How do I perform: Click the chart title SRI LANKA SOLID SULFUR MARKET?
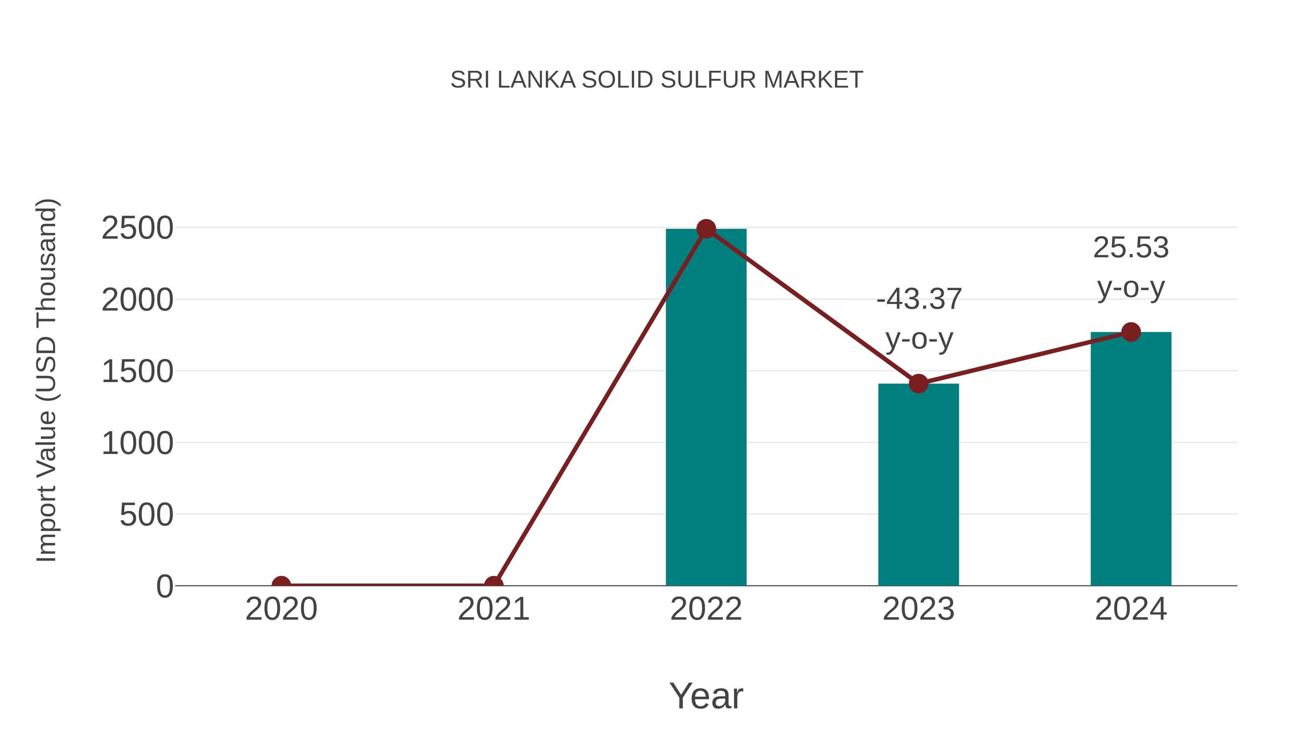[657, 80]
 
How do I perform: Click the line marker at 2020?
[281, 585]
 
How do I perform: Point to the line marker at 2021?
[493, 585]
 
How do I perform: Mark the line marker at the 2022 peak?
[706, 229]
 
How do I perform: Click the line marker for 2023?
[918, 384]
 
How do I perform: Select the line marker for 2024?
[1131, 332]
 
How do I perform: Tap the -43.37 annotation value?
[919, 299]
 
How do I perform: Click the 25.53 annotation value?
[1131, 248]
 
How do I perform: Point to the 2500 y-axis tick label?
[137, 228]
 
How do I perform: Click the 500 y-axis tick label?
[146, 515]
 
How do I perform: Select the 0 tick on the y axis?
[164, 586]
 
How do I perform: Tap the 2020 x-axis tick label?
[281, 609]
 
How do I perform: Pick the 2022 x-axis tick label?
[706, 609]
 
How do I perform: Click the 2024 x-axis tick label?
[1131, 609]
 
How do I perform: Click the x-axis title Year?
[706, 696]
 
